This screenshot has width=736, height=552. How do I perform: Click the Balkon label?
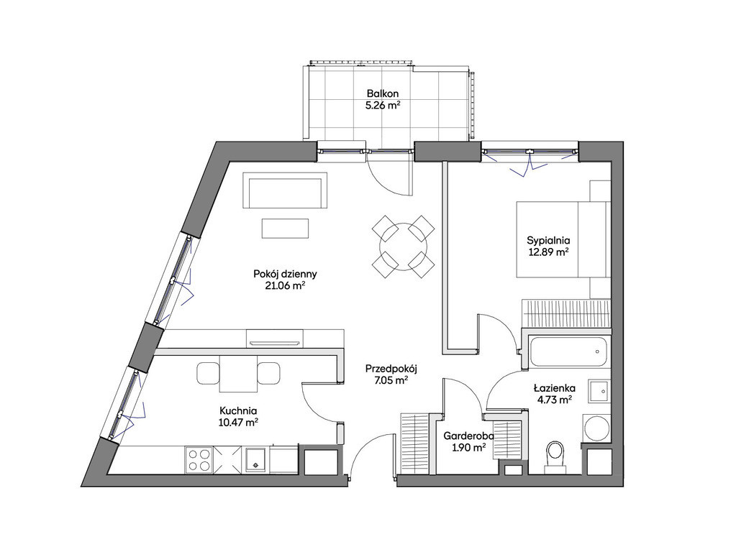pos(383,94)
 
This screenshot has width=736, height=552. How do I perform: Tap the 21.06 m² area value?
pos(285,285)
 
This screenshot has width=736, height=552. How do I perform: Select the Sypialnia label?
pos(548,241)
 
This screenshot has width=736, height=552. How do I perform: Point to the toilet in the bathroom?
pos(556,454)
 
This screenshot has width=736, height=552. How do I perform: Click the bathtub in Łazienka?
pos(568,351)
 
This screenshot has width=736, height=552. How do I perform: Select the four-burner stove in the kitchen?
pos(199,459)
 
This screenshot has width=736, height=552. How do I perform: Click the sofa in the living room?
pos(285,190)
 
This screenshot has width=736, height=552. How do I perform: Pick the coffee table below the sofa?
pos(285,229)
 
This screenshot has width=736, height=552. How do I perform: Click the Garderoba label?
pos(468,436)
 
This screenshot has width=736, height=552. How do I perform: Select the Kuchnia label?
pos(238,410)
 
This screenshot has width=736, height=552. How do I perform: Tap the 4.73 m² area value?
pos(555,400)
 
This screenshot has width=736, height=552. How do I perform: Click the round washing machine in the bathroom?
pos(596,428)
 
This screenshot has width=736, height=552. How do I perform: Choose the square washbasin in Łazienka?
pos(599,391)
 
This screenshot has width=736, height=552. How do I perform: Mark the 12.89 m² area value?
pos(548,252)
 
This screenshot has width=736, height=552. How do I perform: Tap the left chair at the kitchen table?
pos(208,373)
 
